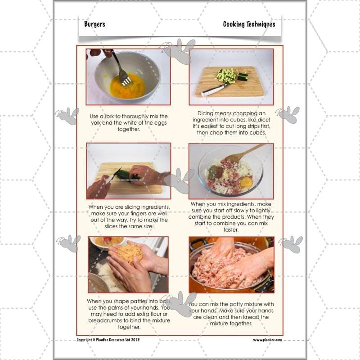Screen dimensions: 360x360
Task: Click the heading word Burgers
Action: (x=94, y=24)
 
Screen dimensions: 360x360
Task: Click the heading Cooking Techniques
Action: (x=249, y=24)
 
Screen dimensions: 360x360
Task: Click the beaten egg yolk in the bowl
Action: (x=127, y=86)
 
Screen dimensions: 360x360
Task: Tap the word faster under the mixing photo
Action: (x=230, y=229)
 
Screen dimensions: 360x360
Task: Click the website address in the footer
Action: (x=267, y=340)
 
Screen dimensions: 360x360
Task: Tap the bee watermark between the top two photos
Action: (x=180, y=52)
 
